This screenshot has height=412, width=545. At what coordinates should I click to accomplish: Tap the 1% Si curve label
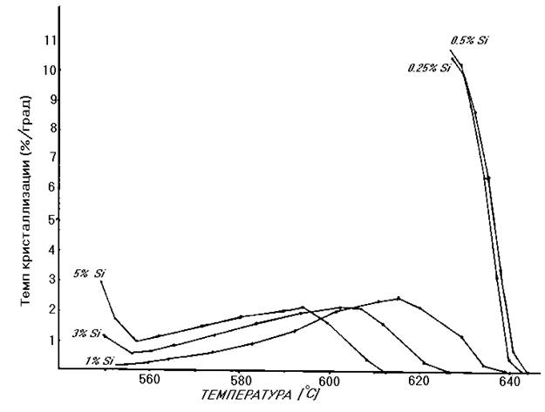pos(99,361)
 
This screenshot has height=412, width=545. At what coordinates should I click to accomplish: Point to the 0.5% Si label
pos(468,40)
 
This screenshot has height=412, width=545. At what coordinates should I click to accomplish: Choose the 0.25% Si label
pos(428,67)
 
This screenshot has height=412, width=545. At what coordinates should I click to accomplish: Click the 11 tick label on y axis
pos(49,40)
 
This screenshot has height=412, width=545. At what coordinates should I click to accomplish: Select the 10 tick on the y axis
pos(49,70)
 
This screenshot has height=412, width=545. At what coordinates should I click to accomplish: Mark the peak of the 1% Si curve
pos(399,299)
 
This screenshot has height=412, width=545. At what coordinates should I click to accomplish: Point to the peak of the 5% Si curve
pos(303,307)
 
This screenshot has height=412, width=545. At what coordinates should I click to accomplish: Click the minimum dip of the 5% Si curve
pos(136,341)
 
